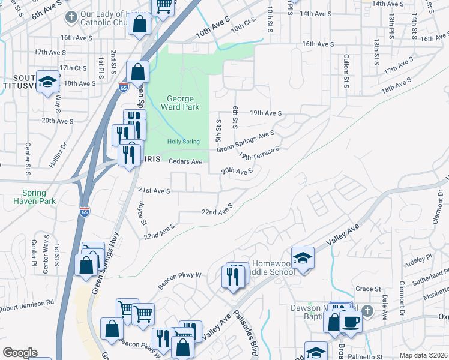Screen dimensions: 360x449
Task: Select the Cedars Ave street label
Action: click(x=185, y=161)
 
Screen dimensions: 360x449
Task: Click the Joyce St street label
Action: click(x=143, y=212)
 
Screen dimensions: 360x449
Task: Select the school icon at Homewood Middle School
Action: click(x=303, y=258)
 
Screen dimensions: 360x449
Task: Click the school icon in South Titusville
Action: click(x=47, y=82)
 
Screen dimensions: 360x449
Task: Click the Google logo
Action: click(x=20, y=353)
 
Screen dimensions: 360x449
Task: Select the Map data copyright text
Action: click(x=423, y=355)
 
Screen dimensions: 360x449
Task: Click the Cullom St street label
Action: click(x=346, y=72)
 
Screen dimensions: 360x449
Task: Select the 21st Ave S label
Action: click(x=155, y=191)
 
